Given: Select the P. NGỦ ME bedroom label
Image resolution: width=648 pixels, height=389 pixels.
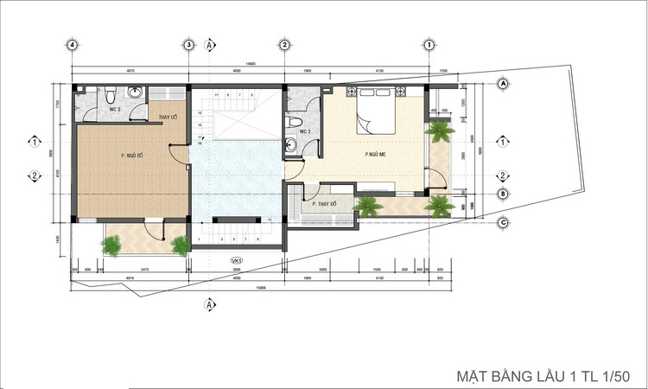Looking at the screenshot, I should point(373,155).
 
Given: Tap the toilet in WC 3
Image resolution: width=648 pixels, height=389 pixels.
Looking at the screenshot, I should point(111,93).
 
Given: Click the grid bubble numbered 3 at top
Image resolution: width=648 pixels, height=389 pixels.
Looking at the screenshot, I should point(187,45).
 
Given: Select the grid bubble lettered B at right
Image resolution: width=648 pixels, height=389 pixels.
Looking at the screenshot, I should point(502,194).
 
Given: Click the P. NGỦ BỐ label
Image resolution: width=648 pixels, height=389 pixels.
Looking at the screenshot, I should point(132,156).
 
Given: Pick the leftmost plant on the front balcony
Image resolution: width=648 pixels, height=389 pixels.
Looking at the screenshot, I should point(111,245).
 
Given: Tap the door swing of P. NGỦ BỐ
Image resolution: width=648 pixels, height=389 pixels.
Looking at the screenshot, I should point(178,154).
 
